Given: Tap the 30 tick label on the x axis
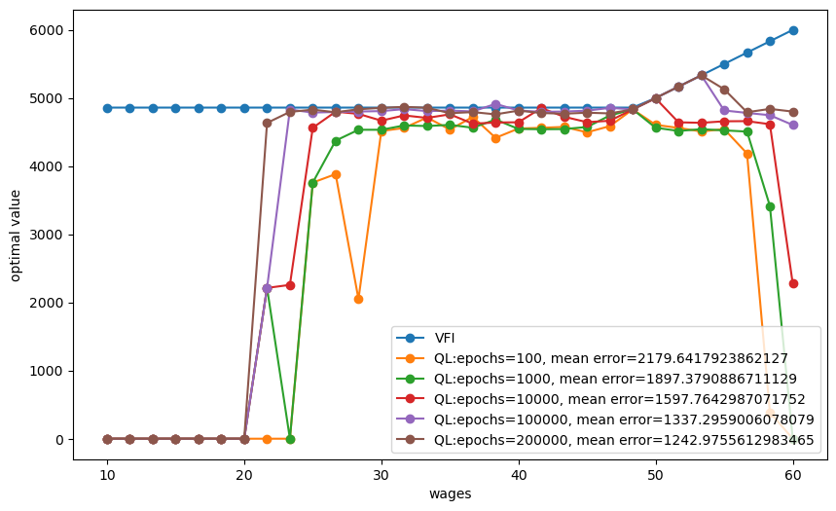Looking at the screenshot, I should click(x=382, y=474).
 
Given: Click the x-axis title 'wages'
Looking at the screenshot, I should click(x=451, y=493).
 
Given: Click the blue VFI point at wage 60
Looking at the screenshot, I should click(x=793, y=30).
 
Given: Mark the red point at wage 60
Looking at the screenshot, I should click(x=793, y=283).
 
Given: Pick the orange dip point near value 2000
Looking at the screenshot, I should click(x=358, y=299).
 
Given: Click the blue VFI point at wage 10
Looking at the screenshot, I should click(x=107, y=108).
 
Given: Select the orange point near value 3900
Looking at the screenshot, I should click(x=336, y=174).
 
